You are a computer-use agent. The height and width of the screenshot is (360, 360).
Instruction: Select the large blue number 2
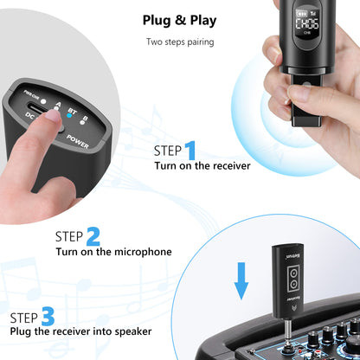point(93,235)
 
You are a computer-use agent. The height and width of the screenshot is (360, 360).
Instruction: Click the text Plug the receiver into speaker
point(81,331)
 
